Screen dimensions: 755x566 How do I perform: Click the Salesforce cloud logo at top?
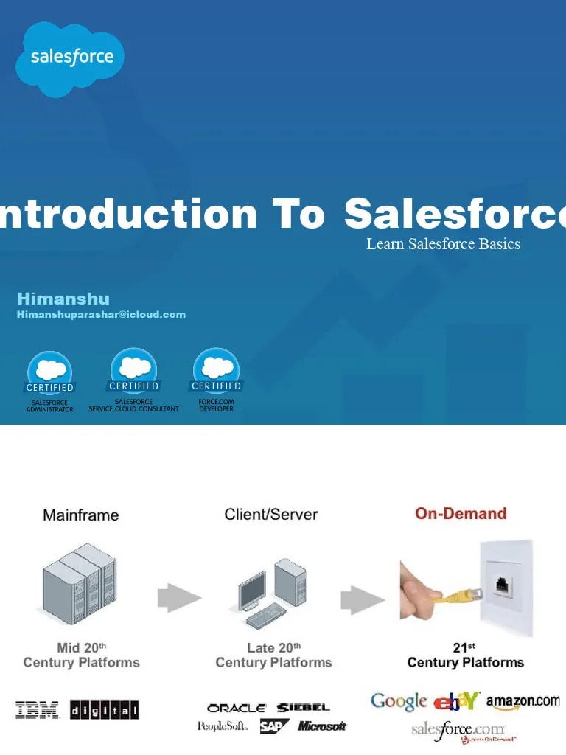70,58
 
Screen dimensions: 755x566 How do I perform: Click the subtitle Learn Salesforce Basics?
443,244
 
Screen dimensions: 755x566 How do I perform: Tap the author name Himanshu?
63,299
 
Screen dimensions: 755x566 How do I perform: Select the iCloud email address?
101,315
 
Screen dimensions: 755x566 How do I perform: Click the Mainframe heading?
80,515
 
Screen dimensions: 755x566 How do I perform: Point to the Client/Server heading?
270,515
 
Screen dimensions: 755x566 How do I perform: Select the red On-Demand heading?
461,513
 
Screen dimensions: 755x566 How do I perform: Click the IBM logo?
38,710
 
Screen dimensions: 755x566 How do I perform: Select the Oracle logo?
237,708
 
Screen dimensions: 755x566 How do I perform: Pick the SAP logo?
274,727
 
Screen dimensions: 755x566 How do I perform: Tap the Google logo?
399,701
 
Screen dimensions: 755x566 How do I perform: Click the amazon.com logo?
523,701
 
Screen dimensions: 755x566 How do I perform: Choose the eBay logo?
457,701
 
